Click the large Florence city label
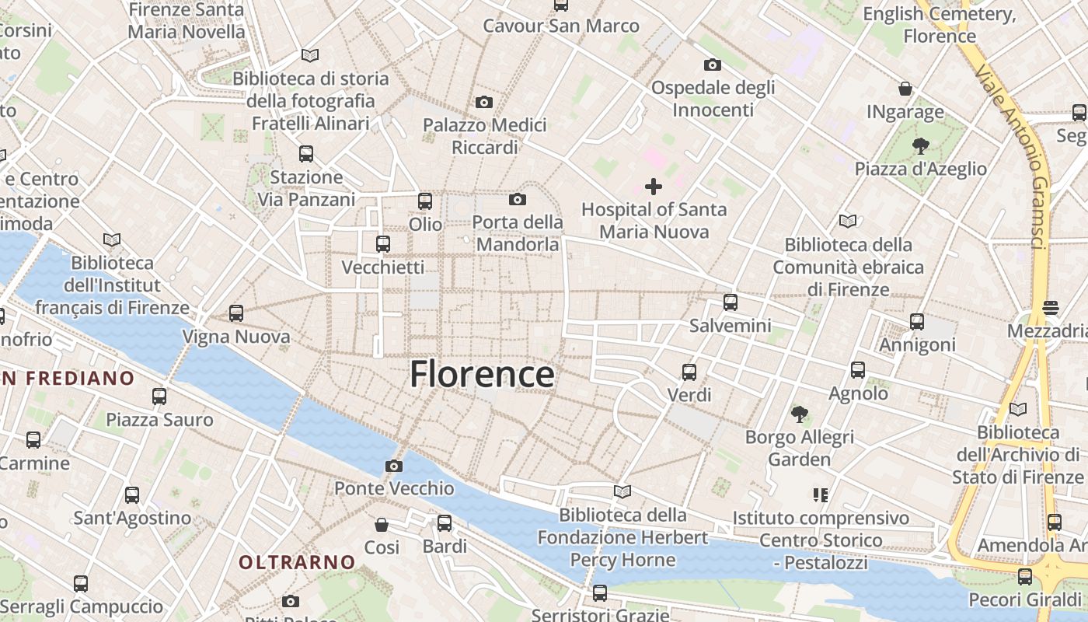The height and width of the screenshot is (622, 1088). [x=482, y=374]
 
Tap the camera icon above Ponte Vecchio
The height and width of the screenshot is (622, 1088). [x=394, y=466]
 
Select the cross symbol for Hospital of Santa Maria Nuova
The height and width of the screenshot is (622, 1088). [x=654, y=187]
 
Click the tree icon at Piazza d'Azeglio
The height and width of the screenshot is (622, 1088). [x=921, y=145]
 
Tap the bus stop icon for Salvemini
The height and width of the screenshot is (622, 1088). [x=730, y=302]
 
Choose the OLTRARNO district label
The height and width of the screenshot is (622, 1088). [x=297, y=561]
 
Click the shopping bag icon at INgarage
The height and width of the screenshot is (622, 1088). [x=905, y=89]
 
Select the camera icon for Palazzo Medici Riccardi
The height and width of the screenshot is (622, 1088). [x=483, y=102]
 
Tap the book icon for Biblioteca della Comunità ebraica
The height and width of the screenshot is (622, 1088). [x=848, y=221]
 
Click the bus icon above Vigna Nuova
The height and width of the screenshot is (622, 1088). [x=236, y=313]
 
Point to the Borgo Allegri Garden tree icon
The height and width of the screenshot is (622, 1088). [x=799, y=414]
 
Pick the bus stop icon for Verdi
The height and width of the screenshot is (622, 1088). [x=689, y=372]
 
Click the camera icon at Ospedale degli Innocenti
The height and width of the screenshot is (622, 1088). [x=712, y=65]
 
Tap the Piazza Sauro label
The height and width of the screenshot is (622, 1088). [x=159, y=420]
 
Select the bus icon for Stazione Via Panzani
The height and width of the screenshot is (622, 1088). [x=306, y=154]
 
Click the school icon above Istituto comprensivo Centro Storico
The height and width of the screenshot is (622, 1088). [x=820, y=494]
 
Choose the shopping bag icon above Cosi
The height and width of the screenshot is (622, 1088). [x=382, y=525]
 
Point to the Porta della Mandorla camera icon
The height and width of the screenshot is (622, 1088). [x=518, y=200]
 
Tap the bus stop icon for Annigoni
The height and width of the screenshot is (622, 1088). [x=917, y=321]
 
